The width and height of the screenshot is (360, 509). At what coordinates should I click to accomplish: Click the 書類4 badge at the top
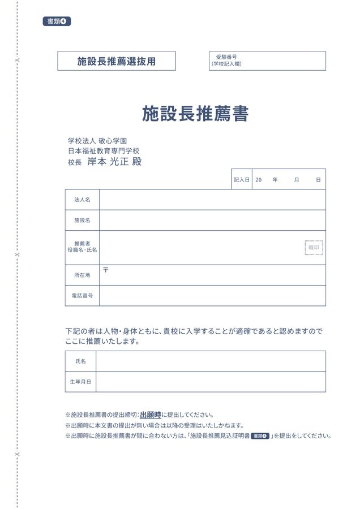56,21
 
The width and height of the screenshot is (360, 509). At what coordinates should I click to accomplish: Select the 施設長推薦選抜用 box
117,61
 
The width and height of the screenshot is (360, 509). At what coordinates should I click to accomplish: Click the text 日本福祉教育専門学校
104,151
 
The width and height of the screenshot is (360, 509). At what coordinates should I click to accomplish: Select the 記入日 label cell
241,179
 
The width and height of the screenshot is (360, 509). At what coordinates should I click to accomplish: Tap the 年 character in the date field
275,179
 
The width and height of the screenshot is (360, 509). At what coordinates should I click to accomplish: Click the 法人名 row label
82,200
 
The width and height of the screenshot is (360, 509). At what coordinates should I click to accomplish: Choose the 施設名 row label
82,220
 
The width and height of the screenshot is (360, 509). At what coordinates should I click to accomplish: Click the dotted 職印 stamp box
314,247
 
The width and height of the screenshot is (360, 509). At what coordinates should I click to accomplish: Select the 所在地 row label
82,275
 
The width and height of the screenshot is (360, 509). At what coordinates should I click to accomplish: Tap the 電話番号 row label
82,295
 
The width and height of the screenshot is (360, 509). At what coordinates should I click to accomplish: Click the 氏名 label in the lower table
80,361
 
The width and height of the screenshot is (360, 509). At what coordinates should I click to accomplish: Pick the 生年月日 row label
80,382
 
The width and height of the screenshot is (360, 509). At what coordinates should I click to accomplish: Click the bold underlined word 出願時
150,415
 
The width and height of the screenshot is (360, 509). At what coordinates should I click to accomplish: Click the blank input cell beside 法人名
212,200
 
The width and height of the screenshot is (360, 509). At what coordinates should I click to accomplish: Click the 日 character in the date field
318,179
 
